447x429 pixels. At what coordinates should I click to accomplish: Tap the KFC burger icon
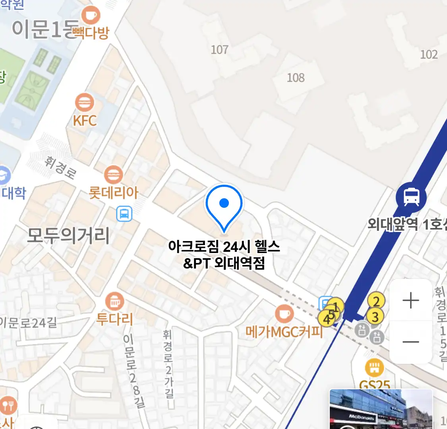click(x=84, y=103)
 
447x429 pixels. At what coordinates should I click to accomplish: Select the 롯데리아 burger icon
click(x=113, y=175)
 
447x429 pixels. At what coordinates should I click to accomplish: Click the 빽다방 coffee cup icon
click(x=91, y=16)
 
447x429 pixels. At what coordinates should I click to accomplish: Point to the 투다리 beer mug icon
click(x=115, y=302)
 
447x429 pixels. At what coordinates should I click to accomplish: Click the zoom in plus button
click(x=410, y=301)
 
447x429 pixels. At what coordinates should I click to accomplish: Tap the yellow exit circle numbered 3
click(x=375, y=317)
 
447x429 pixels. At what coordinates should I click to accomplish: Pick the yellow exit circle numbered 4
click(x=326, y=319)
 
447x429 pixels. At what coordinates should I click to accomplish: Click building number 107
click(x=219, y=50)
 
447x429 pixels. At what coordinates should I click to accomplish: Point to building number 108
click(x=296, y=77)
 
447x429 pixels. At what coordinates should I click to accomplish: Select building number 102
click(x=429, y=54)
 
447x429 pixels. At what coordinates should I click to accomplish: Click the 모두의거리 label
click(x=68, y=236)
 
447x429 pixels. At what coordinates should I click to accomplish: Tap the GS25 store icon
click(x=374, y=368)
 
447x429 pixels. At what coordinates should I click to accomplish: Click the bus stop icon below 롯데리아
click(x=124, y=214)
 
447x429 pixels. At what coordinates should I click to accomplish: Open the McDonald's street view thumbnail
click(x=381, y=409)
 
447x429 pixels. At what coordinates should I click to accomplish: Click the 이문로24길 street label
click(x=29, y=323)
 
